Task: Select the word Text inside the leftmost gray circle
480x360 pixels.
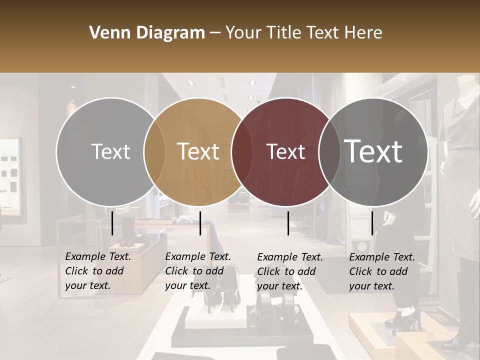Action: (110, 151)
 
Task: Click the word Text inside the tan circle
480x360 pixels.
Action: (198, 151)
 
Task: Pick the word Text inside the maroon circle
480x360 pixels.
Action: (286, 151)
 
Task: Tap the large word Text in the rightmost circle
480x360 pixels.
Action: (373, 151)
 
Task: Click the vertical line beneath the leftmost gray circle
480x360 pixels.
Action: (112, 223)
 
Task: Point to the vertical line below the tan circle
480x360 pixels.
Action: (200, 223)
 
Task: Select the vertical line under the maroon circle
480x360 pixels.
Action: (288, 223)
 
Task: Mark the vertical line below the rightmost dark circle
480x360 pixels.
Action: (372, 223)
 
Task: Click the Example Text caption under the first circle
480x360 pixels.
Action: (98, 271)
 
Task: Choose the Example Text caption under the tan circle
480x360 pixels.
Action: (198, 271)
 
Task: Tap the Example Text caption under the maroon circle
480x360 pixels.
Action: (290, 271)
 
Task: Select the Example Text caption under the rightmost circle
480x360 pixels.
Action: (382, 271)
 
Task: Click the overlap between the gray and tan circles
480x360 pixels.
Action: (154, 151)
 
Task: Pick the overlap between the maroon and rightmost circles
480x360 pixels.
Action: (327, 151)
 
